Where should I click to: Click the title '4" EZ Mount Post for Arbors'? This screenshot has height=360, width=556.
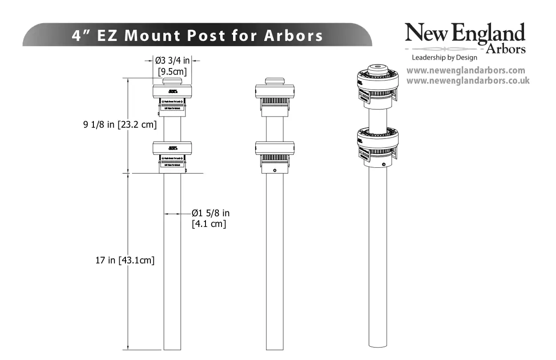click(197, 36)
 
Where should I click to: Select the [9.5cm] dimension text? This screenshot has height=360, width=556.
click(172, 71)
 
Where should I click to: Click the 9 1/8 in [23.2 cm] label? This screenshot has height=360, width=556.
click(120, 125)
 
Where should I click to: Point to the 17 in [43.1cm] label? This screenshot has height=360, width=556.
click(125, 260)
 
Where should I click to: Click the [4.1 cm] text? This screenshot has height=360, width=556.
click(209, 224)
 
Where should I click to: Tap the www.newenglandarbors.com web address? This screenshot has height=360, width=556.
click(466, 70)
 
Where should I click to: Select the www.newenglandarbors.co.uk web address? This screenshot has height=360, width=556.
click(468, 81)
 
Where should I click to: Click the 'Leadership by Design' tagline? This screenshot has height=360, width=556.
click(444, 57)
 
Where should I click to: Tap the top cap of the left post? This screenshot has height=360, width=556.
click(172, 82)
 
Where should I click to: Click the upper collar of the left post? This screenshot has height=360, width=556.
click(172, 92)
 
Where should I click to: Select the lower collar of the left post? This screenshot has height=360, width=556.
click(172, 148)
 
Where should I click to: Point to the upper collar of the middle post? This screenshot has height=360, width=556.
click(274, 92)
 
